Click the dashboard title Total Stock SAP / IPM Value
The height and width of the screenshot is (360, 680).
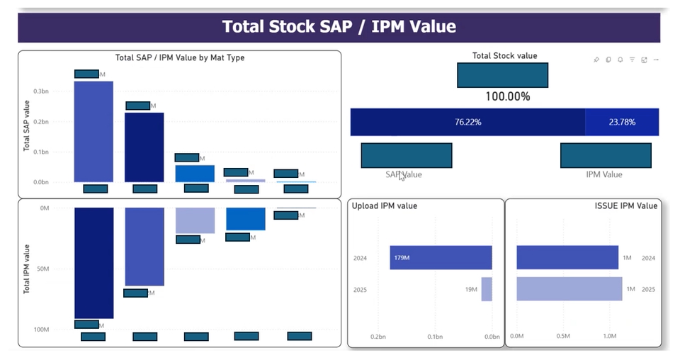339,27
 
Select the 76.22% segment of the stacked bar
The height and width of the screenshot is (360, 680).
467,122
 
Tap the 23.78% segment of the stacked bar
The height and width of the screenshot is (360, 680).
622,122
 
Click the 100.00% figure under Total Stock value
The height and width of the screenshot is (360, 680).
507,96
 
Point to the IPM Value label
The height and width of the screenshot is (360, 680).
603,174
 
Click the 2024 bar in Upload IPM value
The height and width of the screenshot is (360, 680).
441,257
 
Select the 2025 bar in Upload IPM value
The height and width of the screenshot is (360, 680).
487,289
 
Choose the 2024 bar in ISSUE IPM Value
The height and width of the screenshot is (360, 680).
567,257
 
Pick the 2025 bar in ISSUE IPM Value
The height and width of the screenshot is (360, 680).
569,289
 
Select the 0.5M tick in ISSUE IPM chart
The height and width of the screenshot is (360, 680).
563,337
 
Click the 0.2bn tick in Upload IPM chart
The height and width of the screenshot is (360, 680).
378,337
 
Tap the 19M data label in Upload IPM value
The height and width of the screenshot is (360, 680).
470,289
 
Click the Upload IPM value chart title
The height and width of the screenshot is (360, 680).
385,206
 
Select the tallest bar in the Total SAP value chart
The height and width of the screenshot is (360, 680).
93,132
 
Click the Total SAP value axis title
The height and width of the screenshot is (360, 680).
26,126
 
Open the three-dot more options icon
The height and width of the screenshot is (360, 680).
657,60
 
